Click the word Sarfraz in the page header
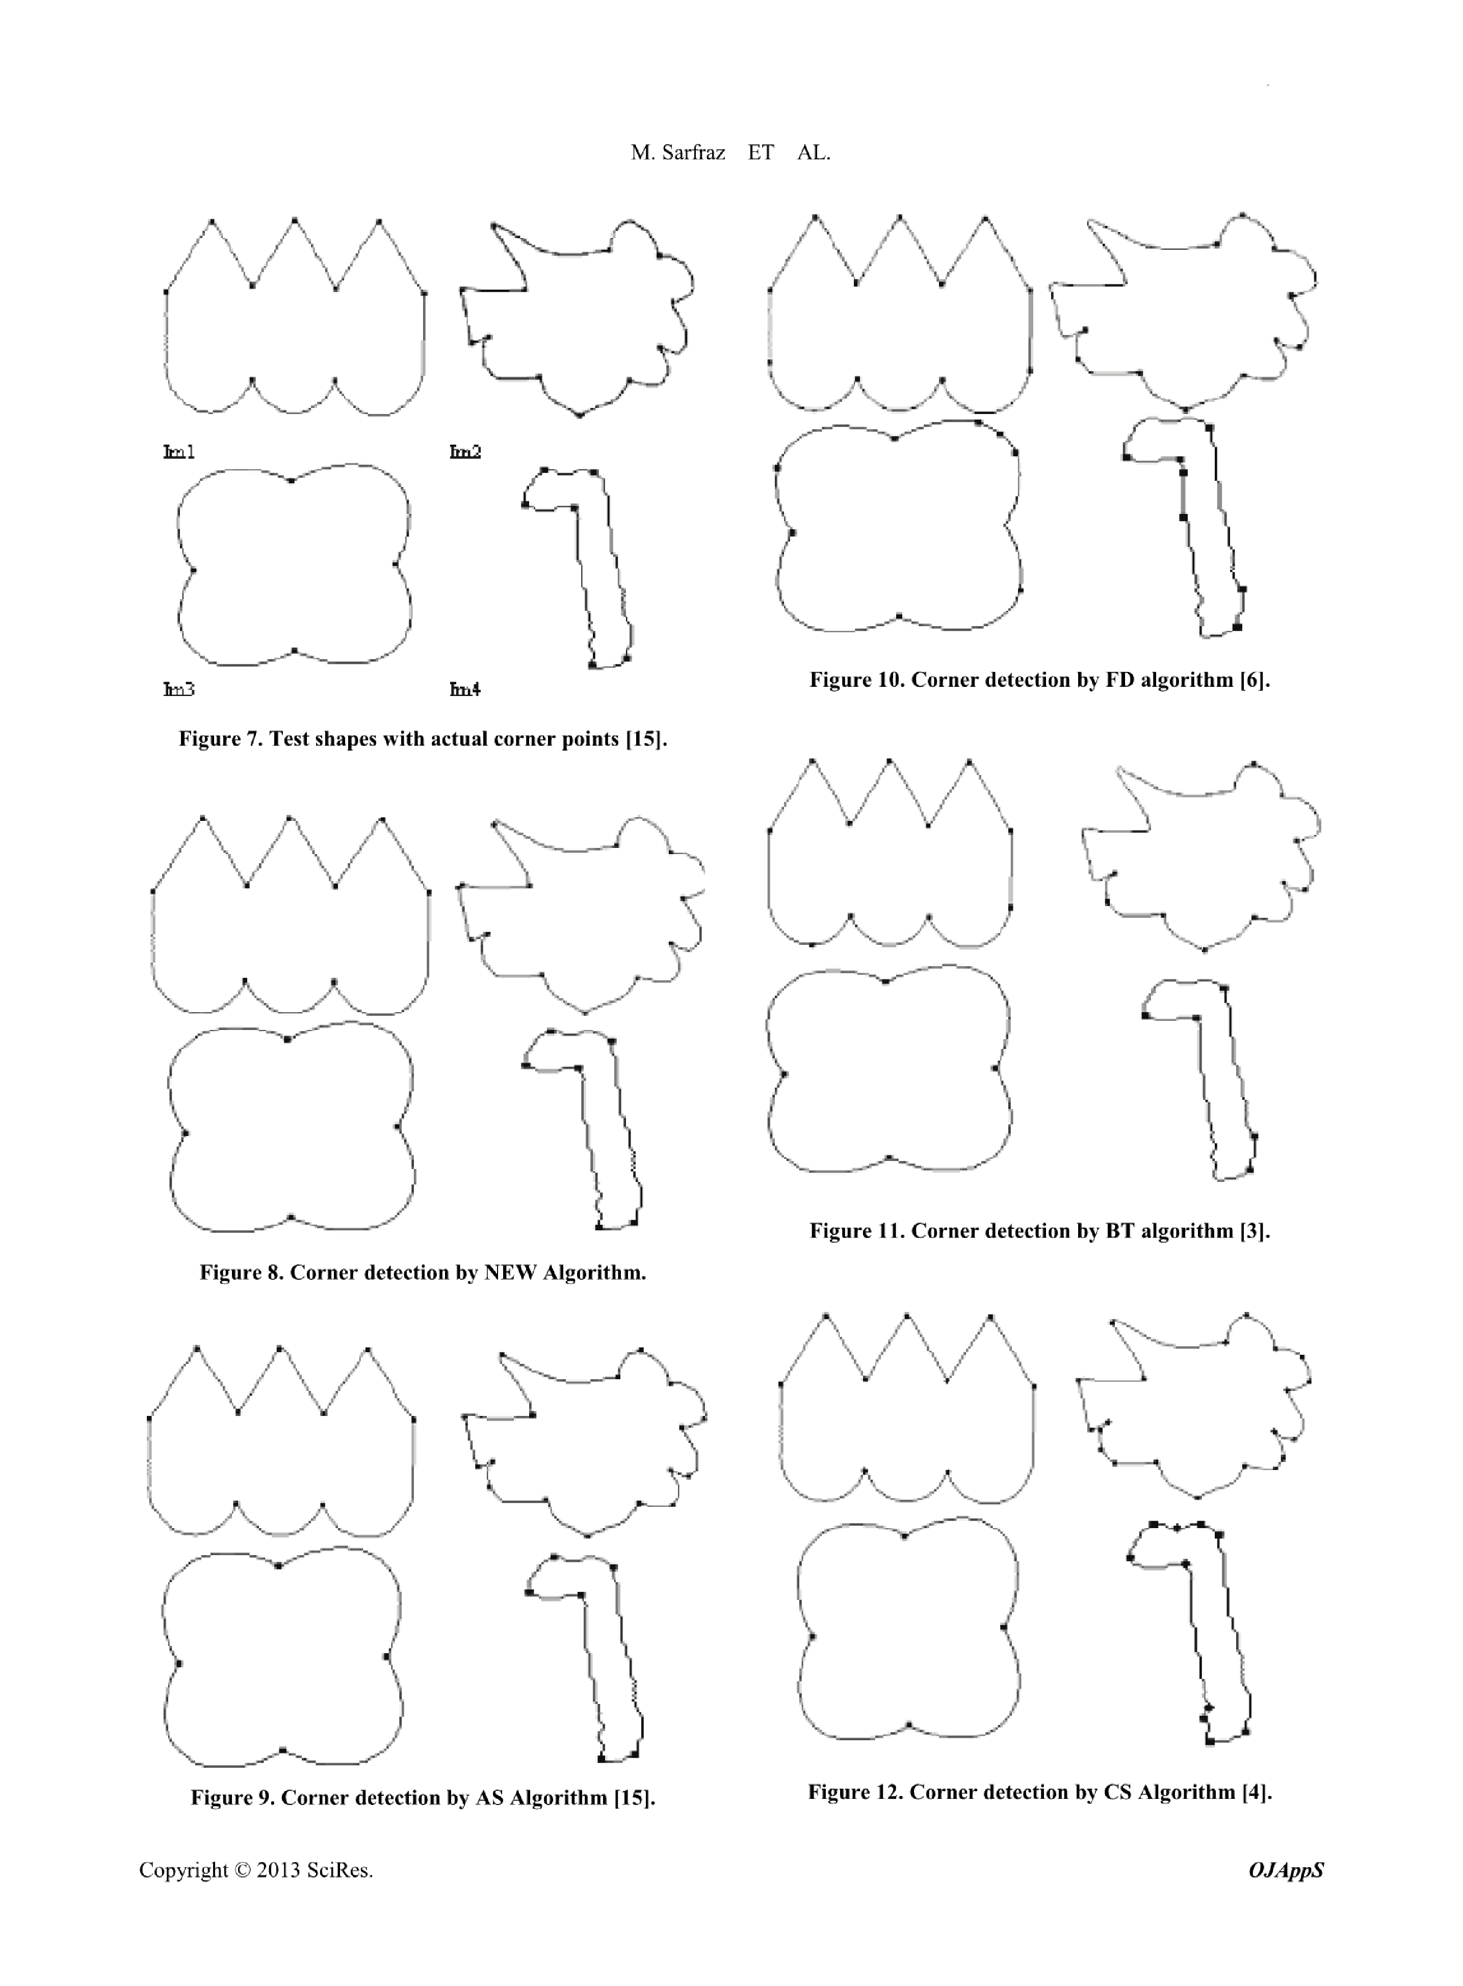click(693, 152)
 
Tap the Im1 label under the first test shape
click(179, 452)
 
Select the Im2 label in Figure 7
click(465, 452)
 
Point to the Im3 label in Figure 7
click(179, 689)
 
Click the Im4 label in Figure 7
click(465, 689)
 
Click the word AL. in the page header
click(813, 152)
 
